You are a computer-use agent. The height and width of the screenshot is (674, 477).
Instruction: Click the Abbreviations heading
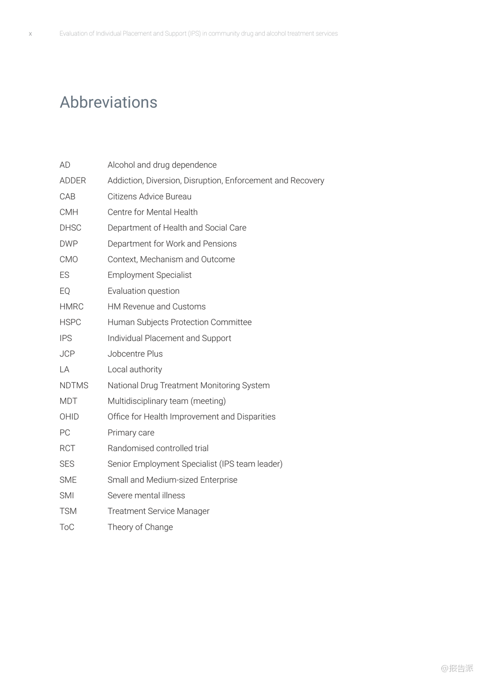(108, 102)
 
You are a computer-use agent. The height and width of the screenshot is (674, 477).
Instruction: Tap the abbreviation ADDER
(72, 181)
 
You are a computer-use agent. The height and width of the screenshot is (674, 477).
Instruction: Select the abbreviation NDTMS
(74, 386)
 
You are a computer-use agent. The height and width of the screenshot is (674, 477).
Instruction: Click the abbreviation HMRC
(71, 307)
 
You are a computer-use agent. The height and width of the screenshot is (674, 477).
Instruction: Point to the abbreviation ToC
(67, 527)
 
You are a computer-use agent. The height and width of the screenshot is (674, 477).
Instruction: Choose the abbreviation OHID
(69, 417)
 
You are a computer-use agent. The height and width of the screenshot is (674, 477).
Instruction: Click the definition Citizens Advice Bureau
(149, 197)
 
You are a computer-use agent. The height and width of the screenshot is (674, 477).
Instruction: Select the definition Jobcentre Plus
(135, 354)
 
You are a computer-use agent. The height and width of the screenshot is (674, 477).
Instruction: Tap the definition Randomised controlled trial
(158, 448)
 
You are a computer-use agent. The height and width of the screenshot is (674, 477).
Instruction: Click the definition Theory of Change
(140, 527)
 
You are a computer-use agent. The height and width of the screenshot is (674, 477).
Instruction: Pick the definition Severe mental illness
(146, 496)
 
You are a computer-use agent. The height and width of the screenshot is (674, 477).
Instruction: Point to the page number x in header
(31, 34)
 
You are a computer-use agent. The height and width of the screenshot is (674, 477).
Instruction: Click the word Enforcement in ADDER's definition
(249, 181)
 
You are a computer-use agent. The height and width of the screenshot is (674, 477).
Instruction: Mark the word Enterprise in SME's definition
(218, 480)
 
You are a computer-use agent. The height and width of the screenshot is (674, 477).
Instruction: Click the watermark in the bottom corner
(457, 668)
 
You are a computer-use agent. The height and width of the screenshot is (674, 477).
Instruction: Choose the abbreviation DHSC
(70, 228)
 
